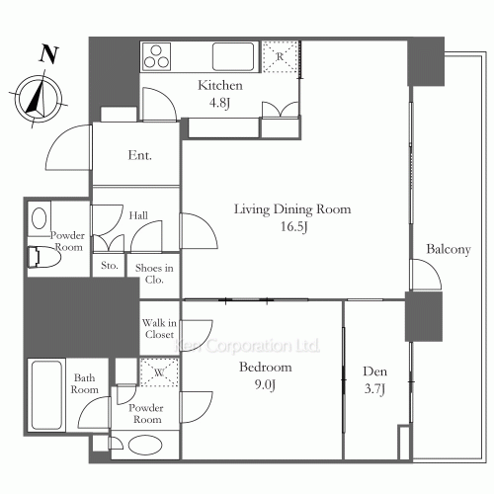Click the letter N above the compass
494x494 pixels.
(49, 54)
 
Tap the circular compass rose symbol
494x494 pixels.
(39, 99)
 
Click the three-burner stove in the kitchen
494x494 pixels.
(156, 56)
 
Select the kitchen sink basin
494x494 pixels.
(233, 56)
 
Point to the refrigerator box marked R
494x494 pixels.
(280, 56)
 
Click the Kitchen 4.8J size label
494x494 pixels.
(220, 94)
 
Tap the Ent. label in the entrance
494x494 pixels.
(140, 155)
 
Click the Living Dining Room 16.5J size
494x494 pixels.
(292, 217)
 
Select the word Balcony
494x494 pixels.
(449, 249)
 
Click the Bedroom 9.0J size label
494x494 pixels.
(266, 375)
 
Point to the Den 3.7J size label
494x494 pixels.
(374, 380)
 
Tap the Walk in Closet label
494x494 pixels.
(159, 329)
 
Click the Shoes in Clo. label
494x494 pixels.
(154, 274)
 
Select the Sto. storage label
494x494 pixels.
(110, 265)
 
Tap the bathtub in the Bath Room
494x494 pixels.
(46, 395)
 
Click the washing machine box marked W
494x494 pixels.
(159, 372)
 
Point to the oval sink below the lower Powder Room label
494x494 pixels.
(145, 446)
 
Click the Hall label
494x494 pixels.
(138, 215)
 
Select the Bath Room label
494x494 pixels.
(85, 383)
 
